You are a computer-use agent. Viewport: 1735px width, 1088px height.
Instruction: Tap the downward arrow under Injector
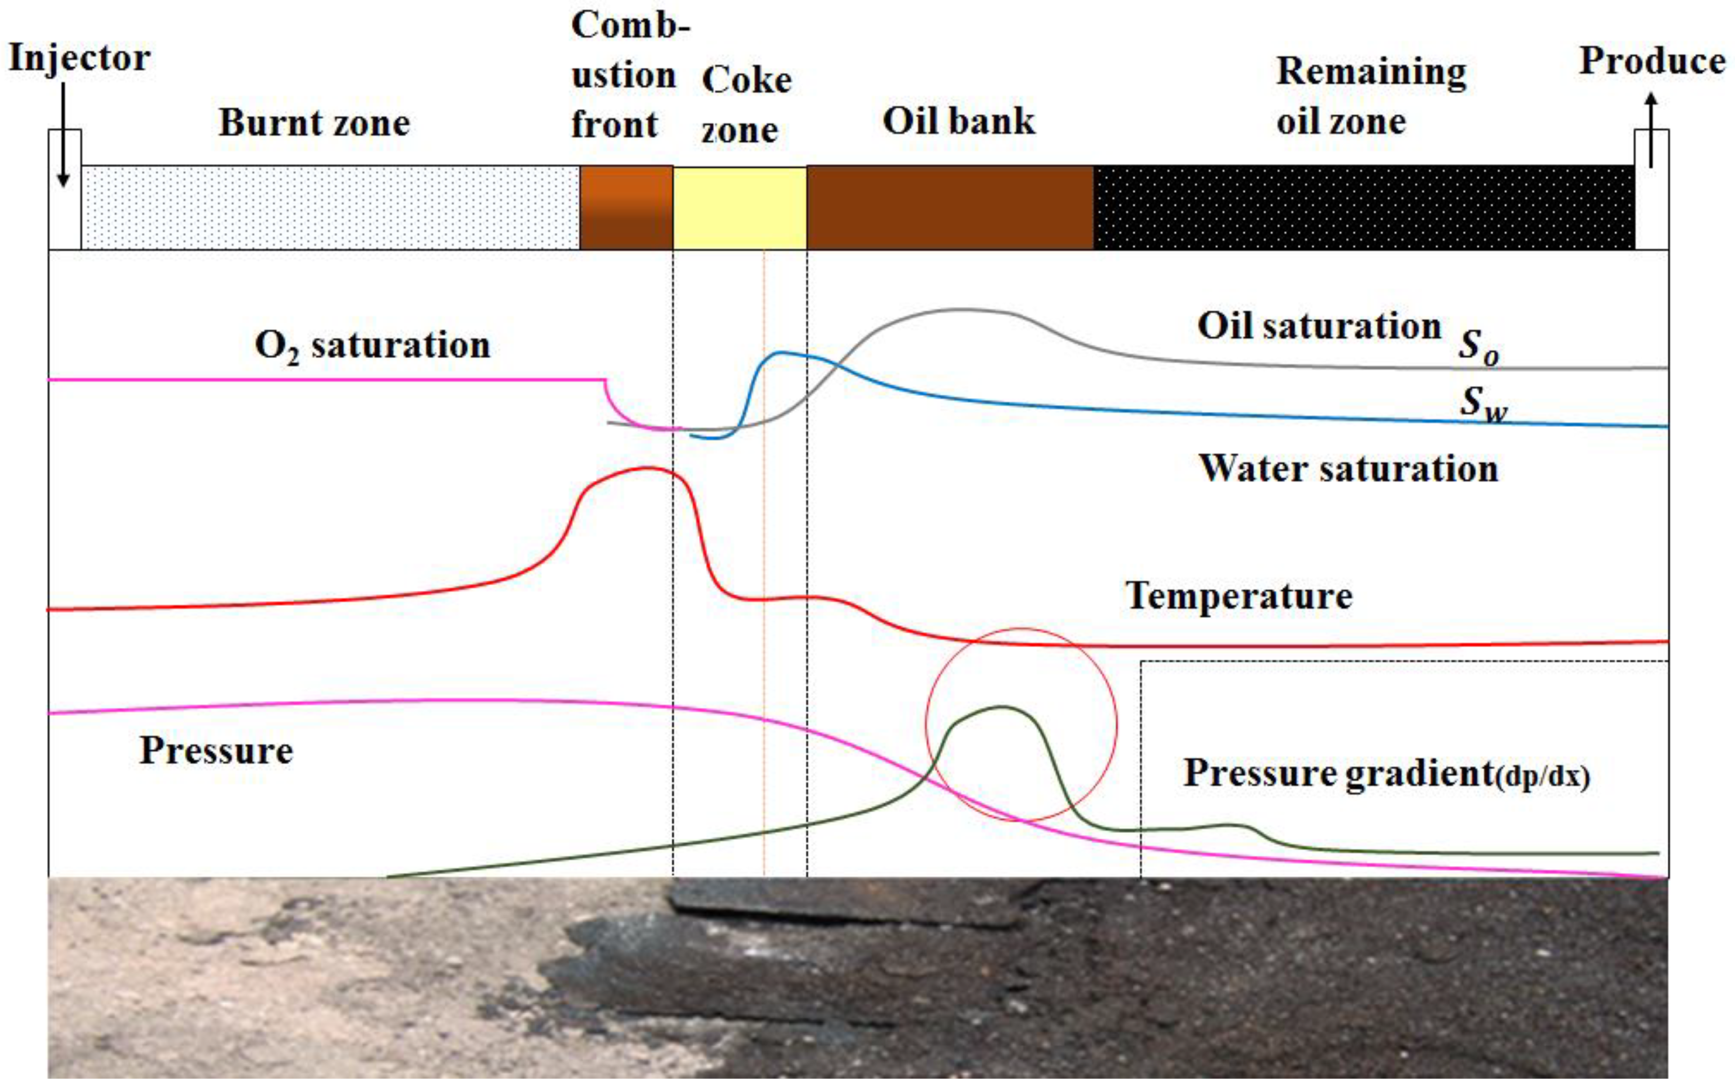63,137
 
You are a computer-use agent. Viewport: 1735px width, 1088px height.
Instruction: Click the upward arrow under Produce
1652,129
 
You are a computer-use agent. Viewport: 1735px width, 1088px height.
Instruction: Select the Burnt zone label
315,122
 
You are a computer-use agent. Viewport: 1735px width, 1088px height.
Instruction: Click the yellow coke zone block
740,207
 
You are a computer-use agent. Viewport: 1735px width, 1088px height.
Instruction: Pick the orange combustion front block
626,207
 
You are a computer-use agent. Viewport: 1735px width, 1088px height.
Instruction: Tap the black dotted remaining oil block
1363,207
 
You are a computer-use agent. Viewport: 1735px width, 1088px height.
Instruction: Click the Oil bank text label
958,121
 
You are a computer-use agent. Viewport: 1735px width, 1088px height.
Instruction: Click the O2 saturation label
372,346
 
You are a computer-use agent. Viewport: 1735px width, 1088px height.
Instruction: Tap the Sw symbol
1482,403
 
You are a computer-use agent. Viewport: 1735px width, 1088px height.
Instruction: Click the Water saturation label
1348,468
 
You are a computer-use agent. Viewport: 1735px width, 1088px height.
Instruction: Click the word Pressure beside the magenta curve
216,751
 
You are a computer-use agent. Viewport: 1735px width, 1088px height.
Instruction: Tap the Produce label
1652,61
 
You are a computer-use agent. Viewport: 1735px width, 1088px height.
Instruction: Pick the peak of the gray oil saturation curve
961,309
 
